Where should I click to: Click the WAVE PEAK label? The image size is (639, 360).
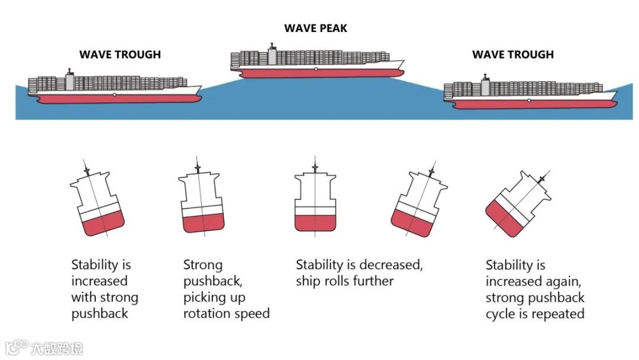pyautogui.click(x=315, y=28)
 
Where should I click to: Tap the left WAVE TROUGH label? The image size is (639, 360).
pyautogui.click(x=120, y=54)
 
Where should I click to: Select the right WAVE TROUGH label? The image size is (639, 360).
pyautogui.click(x=512, y=54)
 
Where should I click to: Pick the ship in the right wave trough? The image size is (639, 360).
pyautogui.click(x=530, y=94)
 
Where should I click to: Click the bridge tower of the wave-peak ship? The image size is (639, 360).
pyautogui.click(x=272, y=56)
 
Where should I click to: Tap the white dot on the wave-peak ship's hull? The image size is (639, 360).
pyautogui.click(x=317, y=69)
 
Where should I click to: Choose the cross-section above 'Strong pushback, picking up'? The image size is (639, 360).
pyautogui.click(x=202, y=201)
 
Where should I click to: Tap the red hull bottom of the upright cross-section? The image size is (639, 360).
pyautogui.click(x=315, y=222)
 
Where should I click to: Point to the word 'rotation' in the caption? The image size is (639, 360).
pyautogui.click(x=209, y=313)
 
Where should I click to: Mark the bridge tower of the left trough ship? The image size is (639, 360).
pyautogui.click(x=70, y=81)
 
